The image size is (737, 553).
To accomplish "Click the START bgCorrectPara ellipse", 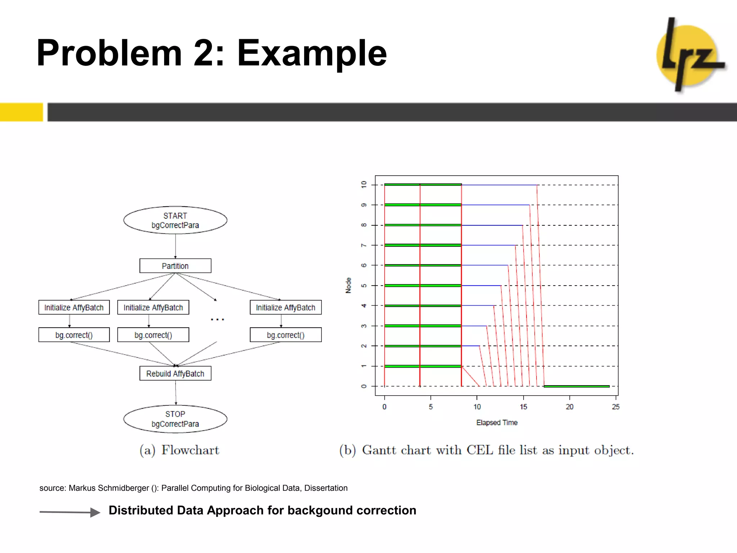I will point(175,220).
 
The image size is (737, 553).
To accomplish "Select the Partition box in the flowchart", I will point(175,266).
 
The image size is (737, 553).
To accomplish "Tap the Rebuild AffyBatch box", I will point(175,374).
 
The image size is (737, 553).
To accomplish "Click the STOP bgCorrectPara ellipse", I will point(175,419).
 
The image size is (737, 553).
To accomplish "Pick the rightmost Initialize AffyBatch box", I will point(286,307).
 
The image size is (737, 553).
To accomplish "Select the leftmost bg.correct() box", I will point(74,335).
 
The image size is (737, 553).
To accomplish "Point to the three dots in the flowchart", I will point(217,319).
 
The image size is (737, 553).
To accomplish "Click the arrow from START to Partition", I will point(176,246).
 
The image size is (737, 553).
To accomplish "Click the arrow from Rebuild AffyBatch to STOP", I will point(176,393).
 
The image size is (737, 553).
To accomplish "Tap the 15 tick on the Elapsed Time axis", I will point(523,407).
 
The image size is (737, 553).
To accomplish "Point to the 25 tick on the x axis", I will point(616,407).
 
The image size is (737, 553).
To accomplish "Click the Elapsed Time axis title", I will point(497,423).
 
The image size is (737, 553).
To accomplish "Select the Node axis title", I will point(348,285).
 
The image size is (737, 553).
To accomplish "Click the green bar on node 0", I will point(577,386).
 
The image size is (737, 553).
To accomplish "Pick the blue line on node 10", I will point(499,185).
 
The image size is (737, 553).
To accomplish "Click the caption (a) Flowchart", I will point(180,450).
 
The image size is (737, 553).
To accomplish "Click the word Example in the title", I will point(312,53).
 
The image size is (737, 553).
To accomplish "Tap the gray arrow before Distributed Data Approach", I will point(70,512).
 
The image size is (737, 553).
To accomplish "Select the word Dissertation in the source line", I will point(326,488).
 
